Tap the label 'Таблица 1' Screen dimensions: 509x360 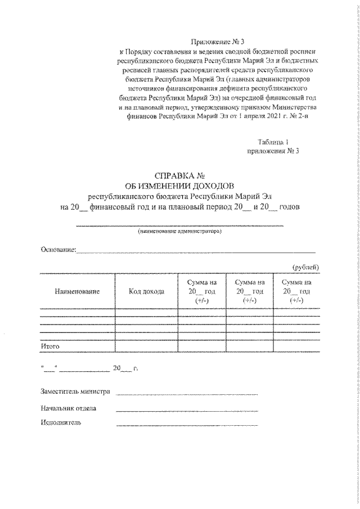pos(273,142)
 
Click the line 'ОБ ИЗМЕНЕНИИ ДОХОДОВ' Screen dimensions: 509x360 pos(181,186)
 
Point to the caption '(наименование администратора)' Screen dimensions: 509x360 pos(180,231)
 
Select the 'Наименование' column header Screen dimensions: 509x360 pos(77,291)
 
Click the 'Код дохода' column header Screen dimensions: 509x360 pos(146,291)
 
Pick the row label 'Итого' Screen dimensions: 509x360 pos(50,346)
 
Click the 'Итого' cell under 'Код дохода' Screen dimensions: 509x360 pos(146,346)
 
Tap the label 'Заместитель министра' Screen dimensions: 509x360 pos(75,391)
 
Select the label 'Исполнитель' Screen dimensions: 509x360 pos(61,423)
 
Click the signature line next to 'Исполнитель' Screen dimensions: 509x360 pos(187,425)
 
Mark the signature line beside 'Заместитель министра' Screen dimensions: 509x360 pos(187,394)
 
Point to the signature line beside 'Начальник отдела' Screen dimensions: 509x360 pos(187,410)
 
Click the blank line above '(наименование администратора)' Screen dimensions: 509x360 pos(180,225)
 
